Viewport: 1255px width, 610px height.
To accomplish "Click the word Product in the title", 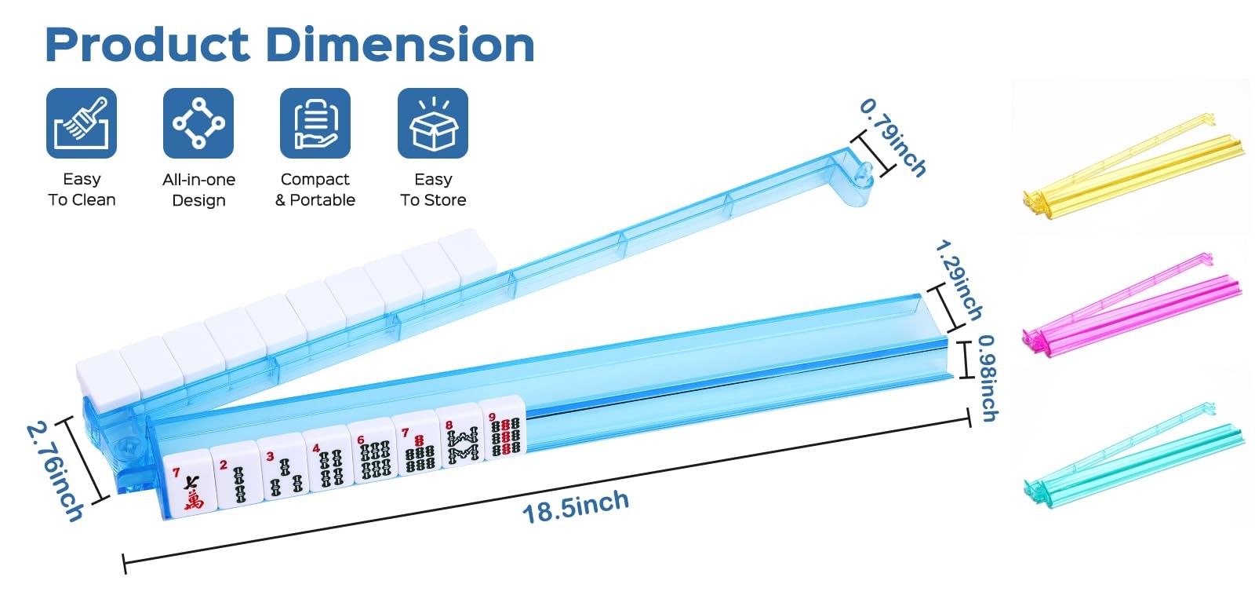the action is pos(147,45).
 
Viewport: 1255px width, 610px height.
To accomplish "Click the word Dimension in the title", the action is pos(400,44).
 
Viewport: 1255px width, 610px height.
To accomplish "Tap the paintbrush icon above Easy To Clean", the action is pos(82,123).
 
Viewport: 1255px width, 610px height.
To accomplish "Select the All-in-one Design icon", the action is pos(198,123).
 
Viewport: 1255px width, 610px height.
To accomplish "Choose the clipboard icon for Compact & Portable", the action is pos(315,123).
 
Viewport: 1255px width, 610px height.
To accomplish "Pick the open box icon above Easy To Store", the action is pos(433,123).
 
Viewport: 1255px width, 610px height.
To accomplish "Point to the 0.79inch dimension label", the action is pos(893,137).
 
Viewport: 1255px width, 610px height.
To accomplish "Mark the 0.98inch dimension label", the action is pos(988,378).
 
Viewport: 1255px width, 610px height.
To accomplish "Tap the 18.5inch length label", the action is pos(576,506).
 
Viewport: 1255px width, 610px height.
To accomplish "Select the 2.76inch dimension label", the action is pos(55,472).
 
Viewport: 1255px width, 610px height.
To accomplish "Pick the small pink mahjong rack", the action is pos(1132,305).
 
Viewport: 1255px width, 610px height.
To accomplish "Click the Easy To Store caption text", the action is pos(433,189).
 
